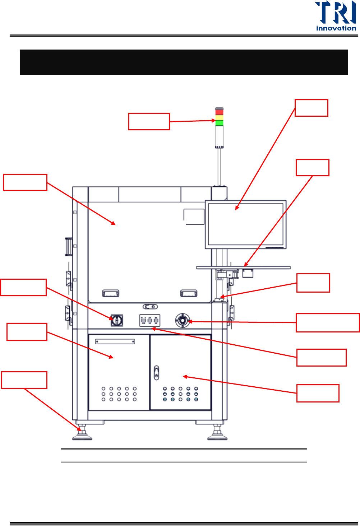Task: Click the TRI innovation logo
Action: [336, 16]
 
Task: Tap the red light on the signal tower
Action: [219, 112]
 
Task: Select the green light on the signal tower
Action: [219, 123]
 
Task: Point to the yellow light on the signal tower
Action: [219, 117]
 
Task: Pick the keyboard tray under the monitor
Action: [243, 267]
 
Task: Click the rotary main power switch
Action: [117, 320]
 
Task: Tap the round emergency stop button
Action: [183, 320]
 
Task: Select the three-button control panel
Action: [149, 320]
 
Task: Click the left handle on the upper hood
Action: [111, 293]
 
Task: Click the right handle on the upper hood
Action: [189, 293]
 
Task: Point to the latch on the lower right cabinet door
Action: [156, 373]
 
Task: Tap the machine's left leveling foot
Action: [82, 433]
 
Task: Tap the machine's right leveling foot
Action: [217, 433]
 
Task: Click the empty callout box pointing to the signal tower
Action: [149, 121]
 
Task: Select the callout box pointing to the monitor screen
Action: [311, 108]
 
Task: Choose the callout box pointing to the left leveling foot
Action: [24, 380]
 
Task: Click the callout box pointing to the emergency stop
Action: [327, 323]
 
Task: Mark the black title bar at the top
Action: [184, 62]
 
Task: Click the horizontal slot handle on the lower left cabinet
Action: [115, 341]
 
